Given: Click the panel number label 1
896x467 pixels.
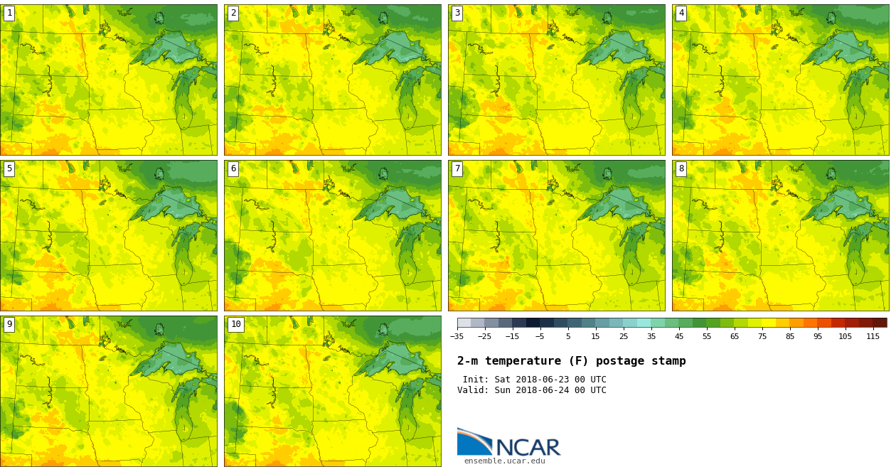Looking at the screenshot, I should pos(9,13).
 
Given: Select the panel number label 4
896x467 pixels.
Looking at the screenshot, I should pos(681,13).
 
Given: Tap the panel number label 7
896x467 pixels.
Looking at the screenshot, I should pos(457,168).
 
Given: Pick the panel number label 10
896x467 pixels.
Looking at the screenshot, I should pos(235,324).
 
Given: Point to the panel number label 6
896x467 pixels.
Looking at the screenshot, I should pos(233,168).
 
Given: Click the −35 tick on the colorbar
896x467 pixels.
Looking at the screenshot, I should pos(457,336).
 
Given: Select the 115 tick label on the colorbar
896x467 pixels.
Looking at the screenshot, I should pos(873,336).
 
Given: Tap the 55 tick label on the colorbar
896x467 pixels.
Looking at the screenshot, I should pos(706,336).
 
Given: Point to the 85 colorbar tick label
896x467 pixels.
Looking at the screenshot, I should pos(789,336).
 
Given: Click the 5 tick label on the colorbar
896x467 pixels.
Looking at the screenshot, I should pos(567,336).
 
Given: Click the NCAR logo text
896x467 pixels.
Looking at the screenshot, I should pos(528,448).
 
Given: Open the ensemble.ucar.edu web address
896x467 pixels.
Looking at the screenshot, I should pos(504,461).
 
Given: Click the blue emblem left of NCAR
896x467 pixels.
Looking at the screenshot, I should pos(474,441).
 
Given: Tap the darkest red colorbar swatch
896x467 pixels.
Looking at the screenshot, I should pos(880,323).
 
